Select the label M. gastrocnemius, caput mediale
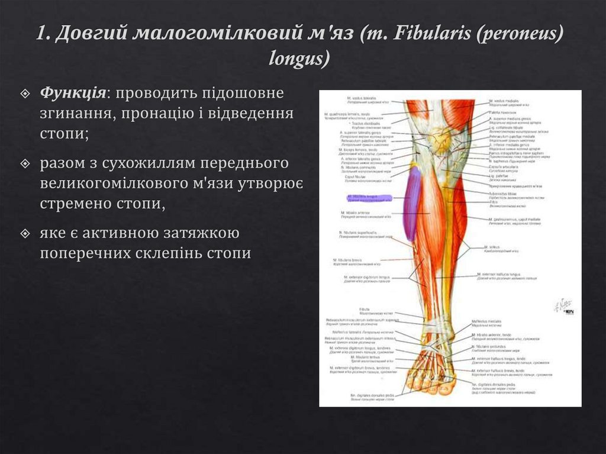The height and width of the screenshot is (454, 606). pos(515,220)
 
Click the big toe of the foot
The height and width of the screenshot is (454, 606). pos(444,387)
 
